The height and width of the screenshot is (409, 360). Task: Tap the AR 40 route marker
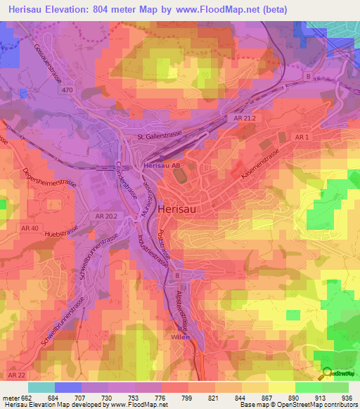click(30, 228)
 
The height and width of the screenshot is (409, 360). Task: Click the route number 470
click(67, 90)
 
